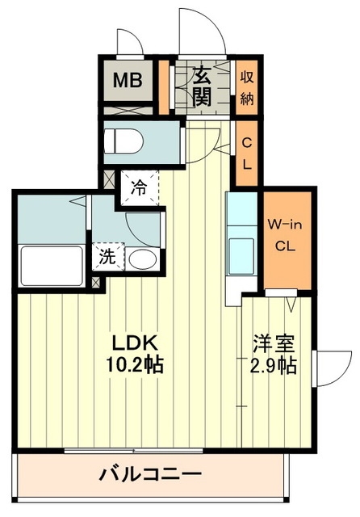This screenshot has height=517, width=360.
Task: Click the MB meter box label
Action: [x=128, y=80]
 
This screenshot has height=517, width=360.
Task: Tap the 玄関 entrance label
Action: [x=202, y=86]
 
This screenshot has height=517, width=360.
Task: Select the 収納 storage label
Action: [x=247, y=88]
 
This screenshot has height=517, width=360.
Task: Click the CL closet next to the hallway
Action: [x=247, y=153]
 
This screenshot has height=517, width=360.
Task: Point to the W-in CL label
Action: [x=285, y=235]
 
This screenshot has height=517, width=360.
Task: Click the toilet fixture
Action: [x=123, y=141]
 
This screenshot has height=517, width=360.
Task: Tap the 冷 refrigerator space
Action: [x=140, y=188]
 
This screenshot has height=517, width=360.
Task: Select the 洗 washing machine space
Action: [x=107, y=257]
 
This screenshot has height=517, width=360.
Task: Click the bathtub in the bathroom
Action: [x=52, y=266]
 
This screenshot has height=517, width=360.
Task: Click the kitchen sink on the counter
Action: [x=241, y=256]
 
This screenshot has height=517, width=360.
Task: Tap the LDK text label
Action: [x=135, y=344]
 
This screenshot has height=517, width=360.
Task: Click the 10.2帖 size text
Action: [x=134, y=364]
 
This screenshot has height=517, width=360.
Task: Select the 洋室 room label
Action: [x=274, y=344]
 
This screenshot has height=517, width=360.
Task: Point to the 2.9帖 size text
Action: [x=274, y=364]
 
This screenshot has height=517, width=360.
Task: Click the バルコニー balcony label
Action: [x=150, y=474]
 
